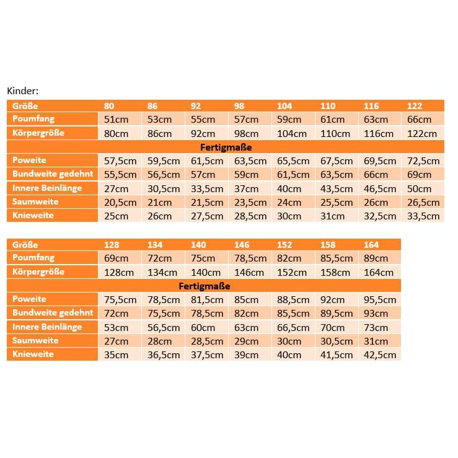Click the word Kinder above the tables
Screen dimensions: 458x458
(x=23, y=90)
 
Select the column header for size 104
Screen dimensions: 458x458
(x=284, y=106)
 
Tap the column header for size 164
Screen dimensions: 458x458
(x=371, y=245)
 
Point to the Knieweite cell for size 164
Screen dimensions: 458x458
(x=379, y=355)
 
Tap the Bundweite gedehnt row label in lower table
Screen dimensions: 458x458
(x=52, y=314)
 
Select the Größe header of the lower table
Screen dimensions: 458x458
(x=25, y=245)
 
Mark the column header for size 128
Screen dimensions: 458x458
(x=112, y=245)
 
